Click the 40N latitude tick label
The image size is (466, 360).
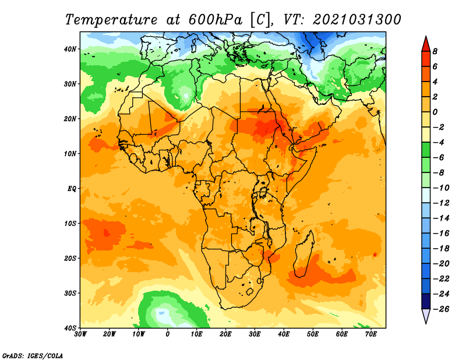click(x=70, y=49)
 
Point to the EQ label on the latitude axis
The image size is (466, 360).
click(x=72, y=189)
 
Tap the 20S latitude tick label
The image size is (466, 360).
click(x=70, y=258)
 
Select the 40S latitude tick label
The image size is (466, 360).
click(x=70, y=328)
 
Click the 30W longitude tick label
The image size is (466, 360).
click(x=80, y=334)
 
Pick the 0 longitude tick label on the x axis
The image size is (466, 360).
click(x=168, y=334)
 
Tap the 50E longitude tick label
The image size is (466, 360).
click(x=313, y=334)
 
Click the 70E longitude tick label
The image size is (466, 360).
click(x=371, y=334)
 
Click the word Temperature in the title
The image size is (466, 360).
click(x=111, y=20)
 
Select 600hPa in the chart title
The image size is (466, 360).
click(x=215, y=20)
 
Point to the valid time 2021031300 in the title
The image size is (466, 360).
click(x=357, y=20)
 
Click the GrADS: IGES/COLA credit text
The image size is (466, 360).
click(x=33, y=356)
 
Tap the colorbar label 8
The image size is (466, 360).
click(x=435, y=51)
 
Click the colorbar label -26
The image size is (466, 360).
click(x=441, y=309)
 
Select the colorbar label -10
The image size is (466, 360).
click(x=441, y=188)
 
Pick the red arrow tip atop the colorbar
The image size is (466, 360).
click(x=426, y=37)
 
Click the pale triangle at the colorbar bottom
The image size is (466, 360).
click(x=426, y=316)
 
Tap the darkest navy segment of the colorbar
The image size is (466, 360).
click(x=426, y=301)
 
